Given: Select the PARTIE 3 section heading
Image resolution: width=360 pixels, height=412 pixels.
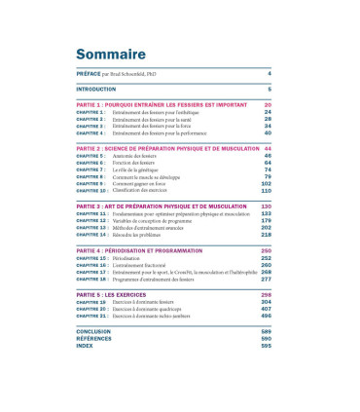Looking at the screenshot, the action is click(161, 206).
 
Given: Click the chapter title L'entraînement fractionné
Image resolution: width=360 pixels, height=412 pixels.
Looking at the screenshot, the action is click(146, 265).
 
